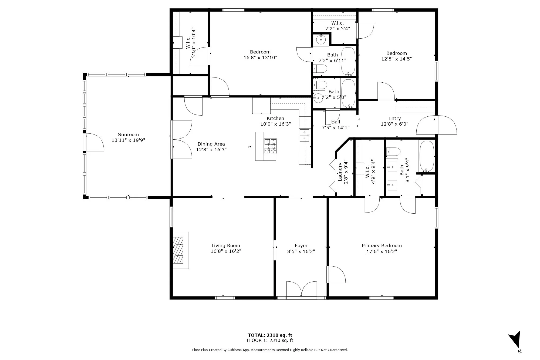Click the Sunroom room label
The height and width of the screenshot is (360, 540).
pos(128,134)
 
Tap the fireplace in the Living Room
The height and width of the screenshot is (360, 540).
pos(181,250)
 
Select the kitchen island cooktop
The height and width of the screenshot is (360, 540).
pos(270,146)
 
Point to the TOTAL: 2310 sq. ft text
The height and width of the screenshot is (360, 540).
pos(270,335)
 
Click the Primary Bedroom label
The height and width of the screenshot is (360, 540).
pos(382,245)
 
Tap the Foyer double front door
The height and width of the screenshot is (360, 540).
pos(302,289)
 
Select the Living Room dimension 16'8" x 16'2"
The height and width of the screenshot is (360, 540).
pos(226,251)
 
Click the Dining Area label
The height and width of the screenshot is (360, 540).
pos(211,144)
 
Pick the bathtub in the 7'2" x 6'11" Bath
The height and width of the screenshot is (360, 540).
pos(348,61)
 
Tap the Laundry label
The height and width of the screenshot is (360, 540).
pos(340,171)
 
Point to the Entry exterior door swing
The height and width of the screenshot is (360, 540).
pos(437,125)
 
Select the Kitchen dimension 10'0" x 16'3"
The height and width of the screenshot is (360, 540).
pos(275,124)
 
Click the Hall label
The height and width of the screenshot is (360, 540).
pos(336,122)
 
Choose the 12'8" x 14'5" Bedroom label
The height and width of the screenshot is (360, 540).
pos(396,53)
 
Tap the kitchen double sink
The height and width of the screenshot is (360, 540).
pos(305,135)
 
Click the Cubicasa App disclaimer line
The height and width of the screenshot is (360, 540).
pos(270,350)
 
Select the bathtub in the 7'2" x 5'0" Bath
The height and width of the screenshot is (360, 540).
pos(348,93)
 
